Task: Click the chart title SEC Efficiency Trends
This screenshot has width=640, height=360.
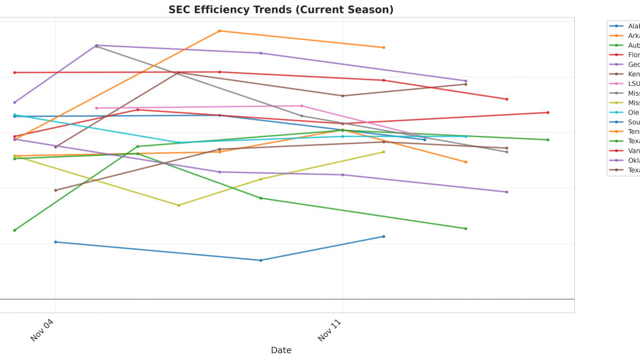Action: click(281, 10)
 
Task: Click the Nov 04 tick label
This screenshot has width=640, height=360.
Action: click(42, 330)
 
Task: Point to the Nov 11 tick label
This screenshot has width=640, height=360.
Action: click(330, 330)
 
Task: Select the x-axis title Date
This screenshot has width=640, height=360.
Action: click(281, 350)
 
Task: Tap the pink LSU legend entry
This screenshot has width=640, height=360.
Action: click(624, 84)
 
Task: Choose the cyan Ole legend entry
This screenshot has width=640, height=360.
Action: click(624, 112)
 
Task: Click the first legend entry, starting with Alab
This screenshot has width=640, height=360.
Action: click(624, 26)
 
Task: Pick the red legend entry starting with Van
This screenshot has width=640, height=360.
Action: click(624, 151)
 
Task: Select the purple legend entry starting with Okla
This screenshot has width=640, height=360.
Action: click(624, 160)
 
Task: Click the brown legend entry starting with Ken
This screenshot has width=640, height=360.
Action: click(624, 74)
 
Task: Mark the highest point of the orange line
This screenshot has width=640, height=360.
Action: click(220, 31)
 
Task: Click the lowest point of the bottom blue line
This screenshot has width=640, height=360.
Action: click(260, 260)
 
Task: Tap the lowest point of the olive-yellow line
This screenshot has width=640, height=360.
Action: click(179, 205)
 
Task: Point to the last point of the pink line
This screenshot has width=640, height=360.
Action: click(424, 137)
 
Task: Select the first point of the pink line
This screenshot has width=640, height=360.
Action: click(97, 108)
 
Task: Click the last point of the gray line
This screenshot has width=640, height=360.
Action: click(506, 152)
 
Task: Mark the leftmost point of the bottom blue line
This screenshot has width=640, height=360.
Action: click(56, 242)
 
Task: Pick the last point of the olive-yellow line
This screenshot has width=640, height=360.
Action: click(383, 152)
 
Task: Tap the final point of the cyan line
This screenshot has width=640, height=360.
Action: click(465, 136)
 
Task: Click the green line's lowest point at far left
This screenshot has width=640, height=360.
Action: click(15, 230)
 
